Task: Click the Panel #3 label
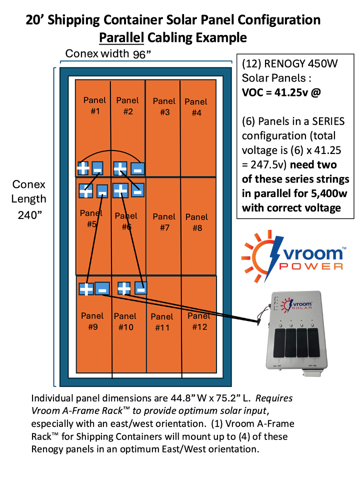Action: [x=164, y=106]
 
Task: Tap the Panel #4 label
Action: [x=196, y=107]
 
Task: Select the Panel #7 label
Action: [x=164, y=222]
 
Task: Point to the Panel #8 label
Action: [x=196, y=222]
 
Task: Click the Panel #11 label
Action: [x=161, y=322]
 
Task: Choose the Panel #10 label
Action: [x=125, y=321]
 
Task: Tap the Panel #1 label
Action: [x=94, y=105]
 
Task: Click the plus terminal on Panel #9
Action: [x=86, y=288]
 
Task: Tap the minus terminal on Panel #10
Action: [x=141, y=288]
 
